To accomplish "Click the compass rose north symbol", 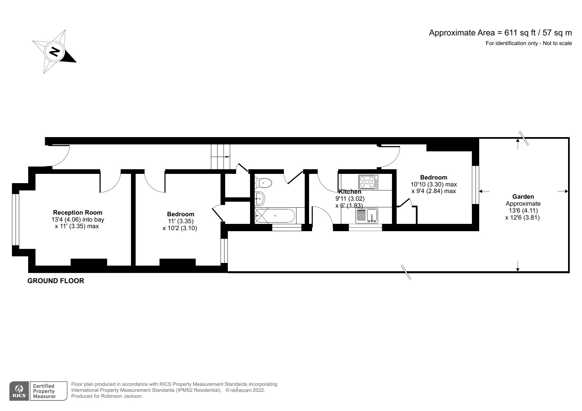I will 54,52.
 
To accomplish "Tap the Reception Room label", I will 78,213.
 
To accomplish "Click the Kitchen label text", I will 350,192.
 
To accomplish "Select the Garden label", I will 523,196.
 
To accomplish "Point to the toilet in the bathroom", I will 263,182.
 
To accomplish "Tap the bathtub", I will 275,216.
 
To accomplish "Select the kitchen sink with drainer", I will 367,216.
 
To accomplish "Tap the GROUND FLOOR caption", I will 56,281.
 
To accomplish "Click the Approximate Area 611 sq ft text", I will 500,33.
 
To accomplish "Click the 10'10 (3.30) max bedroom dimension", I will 433,184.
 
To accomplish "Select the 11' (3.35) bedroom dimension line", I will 180,221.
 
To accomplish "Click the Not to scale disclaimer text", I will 529,43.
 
